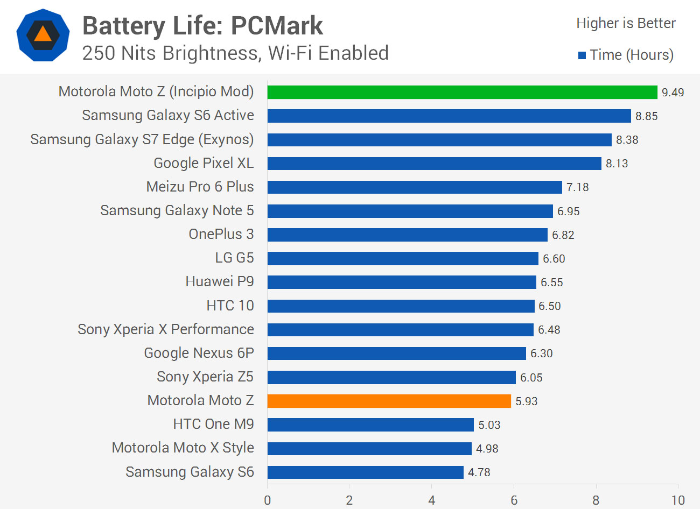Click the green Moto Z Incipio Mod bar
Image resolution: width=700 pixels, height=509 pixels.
tap(462, 92)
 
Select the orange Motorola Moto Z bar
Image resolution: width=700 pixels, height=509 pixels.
tap(389, 401)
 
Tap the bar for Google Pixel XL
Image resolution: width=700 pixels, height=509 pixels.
tap(434, 164)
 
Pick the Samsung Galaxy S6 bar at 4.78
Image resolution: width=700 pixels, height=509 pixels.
tap(365, 472)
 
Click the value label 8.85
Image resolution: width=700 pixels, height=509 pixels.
tap(646, 116)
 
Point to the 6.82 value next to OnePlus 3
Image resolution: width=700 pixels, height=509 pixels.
tap(563, 235)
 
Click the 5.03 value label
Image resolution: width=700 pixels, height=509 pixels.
tap(489, 425)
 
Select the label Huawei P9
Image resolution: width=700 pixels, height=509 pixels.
tap(219, 282)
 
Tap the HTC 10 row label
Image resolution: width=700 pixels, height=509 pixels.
tap(230, 306)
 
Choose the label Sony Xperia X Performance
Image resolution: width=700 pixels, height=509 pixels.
tap(165, 329)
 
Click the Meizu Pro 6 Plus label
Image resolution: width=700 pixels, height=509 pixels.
tap(200, 187)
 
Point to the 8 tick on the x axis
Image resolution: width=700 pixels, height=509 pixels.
tap(596, 500)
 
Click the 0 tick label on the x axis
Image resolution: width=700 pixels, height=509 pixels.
tap(268, 500)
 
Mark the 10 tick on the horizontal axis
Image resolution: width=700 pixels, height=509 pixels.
tap(677, 500)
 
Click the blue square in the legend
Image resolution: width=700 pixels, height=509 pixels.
tap(582, 55)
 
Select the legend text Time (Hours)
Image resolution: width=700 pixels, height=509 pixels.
tap(631, 55)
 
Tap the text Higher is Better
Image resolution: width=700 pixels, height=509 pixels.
tap(626, 23)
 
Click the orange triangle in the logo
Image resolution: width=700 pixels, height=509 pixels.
tap(43, 35)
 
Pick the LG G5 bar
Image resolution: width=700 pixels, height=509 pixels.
tap(402, 259)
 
